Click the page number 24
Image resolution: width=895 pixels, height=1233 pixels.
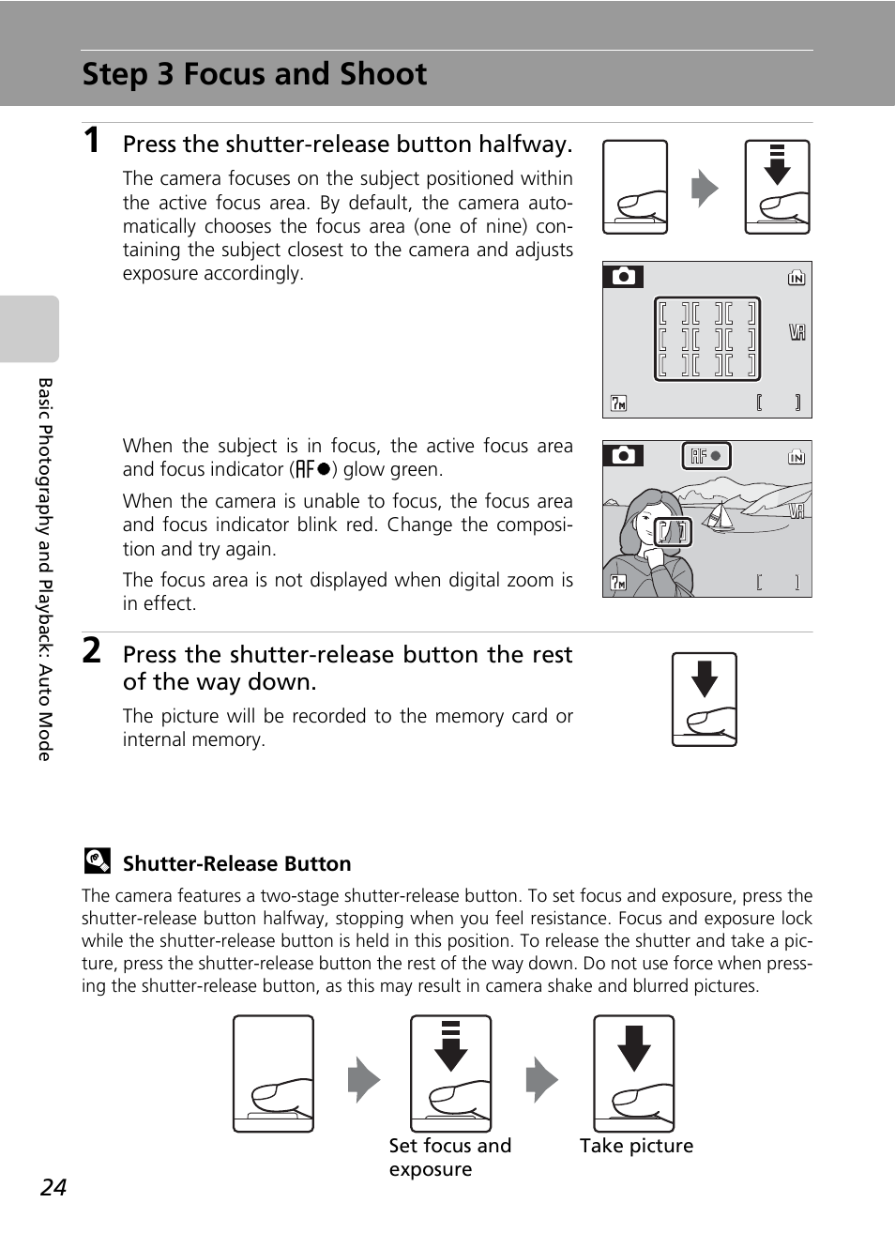(x=53, y=1187)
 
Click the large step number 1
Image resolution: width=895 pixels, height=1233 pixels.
(x=91, y=141)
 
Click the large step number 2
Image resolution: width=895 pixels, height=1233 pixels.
(x=91, y=649)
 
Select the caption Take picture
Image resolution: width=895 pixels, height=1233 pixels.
(x=636, y=1146)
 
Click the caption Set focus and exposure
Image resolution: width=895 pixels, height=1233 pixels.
(x=449, y=1157)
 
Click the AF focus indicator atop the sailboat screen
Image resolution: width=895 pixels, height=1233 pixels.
(x=705, y=456)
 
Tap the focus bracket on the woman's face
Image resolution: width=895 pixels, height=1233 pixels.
(x=672, y=532)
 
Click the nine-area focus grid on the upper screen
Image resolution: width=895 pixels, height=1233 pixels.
(x=706, y=339)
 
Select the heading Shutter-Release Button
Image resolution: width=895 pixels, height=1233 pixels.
(x=236, y=863)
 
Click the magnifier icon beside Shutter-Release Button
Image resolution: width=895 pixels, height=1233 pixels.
(x=97, y=860)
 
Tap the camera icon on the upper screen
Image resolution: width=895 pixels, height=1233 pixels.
(x=624, y=276)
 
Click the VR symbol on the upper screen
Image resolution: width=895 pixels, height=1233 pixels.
(x=796, y=332)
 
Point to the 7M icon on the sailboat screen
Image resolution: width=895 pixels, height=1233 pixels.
(x=618, y=583)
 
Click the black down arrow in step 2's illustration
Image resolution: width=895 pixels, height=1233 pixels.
(x=704, y=677)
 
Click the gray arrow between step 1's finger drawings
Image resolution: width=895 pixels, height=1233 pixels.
(x=705, y=189)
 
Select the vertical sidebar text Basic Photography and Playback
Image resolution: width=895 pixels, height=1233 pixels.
(x=45, y=569)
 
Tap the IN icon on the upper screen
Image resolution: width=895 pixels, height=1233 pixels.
(x=796, y=278)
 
